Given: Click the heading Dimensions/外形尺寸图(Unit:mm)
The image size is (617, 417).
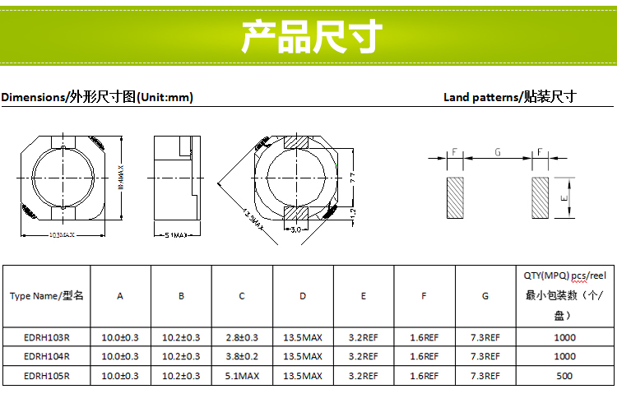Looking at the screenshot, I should click(x=97, y=97).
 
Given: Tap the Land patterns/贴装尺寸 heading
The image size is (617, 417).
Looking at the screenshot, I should click(x=509, y=97).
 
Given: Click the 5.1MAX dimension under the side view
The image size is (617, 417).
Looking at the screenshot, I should click(x=175, y=235).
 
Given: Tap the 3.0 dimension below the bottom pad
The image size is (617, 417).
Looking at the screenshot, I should click(x=296, y=229).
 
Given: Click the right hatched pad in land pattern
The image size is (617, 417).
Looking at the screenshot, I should click(x=540, y=197).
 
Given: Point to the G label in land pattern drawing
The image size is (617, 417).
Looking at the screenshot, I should click(x=498, y=152).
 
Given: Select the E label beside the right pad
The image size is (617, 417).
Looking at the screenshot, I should click(x=564, y=198).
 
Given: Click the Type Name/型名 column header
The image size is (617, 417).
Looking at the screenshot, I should click(x=47, y=296).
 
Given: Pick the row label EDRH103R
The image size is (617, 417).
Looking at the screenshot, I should click(x=47, y=337).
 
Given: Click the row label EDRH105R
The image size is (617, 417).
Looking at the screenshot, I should click(x=47, y=376).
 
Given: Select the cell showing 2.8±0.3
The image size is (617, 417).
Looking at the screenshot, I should click(x=242, y=337).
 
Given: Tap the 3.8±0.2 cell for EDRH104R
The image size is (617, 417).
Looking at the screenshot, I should click(x=242, y=356).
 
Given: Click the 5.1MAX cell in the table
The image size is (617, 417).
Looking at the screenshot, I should click(x=242, y=376).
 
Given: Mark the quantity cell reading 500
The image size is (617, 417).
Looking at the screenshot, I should click(x=564, y=376).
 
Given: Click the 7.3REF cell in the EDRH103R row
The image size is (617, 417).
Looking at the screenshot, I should click(x=485, y=337).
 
